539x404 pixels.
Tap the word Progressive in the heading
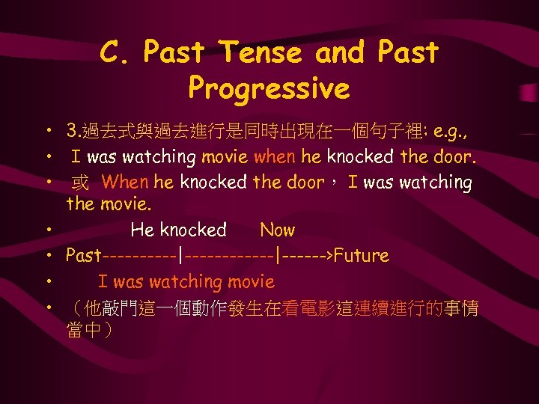[269, 89]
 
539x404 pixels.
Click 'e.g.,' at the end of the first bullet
[446, 135]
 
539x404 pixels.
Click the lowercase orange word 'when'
[275, 158]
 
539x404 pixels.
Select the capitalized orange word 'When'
[126, 182]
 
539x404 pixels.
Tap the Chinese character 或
[80, 183]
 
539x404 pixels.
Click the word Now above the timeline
[277, 230]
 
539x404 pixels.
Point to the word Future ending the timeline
[362, 256]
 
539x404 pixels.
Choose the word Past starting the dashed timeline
[84, 256]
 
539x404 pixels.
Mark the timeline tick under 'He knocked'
[181, 256]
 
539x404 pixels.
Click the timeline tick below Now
[278, 256]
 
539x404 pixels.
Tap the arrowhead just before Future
[329, 256]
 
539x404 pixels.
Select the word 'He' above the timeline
[142, 230]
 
